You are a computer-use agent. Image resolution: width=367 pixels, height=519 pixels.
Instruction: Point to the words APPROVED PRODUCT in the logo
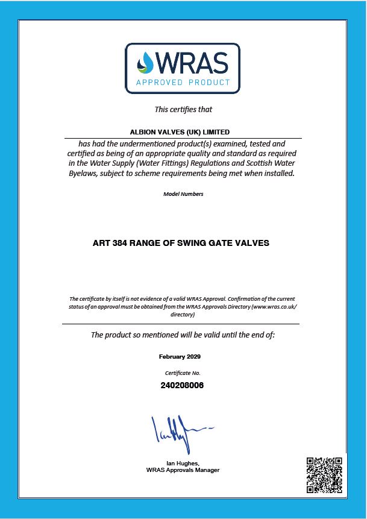(x=183, y=83)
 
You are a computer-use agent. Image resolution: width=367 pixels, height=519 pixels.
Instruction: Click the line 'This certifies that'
(x=183, y=110)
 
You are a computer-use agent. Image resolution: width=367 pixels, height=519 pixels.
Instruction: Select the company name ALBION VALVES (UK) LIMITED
(x=180, y=132)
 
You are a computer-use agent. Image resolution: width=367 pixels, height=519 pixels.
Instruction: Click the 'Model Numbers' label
(x=183, y=194)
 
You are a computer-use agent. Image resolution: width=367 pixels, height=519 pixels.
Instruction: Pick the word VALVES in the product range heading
(x=254, y=243)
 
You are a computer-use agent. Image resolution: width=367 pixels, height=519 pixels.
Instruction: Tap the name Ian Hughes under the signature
(x=183, y=463)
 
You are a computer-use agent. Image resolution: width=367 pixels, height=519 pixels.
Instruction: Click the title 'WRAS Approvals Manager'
(x=183, y=470)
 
